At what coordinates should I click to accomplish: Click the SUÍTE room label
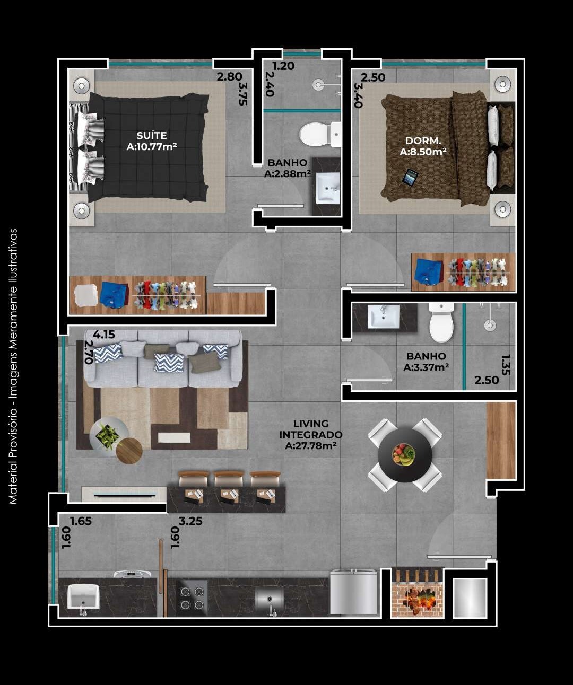pyautogui.click(x=151, y=141)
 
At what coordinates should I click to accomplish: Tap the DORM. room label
pyautogui.click(x=423, y=146)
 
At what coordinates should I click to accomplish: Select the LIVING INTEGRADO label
pyautogui.click(x=311, y=434)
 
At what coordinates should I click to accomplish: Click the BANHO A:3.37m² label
pyautogui.click(x=426, y=362)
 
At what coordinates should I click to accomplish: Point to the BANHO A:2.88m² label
pyautogui.click(x=287, y=168)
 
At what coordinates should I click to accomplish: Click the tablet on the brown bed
pyautogui.click(x=410, y=177)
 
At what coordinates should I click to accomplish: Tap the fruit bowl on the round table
pyautogui.click(x=404, y=454)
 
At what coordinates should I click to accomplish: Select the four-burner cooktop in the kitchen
pyautogui.click(x=192, y=598)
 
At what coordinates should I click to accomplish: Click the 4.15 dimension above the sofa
pyautogui.click(x=103, y=335)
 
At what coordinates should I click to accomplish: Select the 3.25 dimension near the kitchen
pyautogui.click(x=190, y=521)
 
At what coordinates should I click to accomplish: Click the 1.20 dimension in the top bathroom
pyautogui.click(x=283, y=66)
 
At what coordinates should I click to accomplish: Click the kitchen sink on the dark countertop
pyautogui.click(x=269, y=599)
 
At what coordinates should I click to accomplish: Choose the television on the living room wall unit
pyautogui.click(x=125, y=496)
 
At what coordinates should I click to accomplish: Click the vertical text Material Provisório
pyautogui.click(x=13, y=366)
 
